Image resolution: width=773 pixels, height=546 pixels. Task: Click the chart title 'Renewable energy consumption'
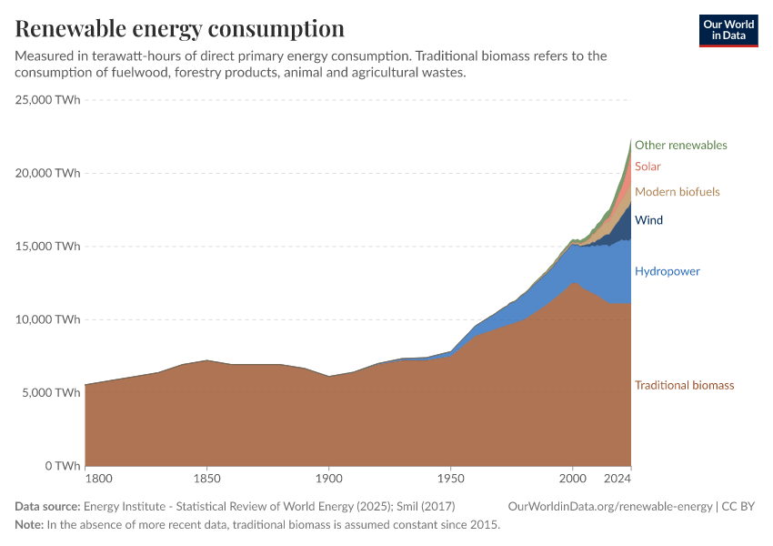[x=180, y=29]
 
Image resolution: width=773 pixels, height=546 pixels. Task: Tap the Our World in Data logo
[x=728, y=30]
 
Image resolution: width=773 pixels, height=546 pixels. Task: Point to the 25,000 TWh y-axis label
[x=48, y=100]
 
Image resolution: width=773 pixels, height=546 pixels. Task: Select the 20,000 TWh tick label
[x=48, y=173]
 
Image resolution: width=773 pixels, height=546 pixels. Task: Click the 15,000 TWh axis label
[x=48, y=247]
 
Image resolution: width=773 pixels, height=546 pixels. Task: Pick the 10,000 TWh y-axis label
[x=48, y=319]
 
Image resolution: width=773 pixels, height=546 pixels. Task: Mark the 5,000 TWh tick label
[x=52, y=393]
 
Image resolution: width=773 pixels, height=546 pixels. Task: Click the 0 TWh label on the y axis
[x=61, y=466]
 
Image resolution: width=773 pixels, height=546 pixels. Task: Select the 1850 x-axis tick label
[x=206, y=479]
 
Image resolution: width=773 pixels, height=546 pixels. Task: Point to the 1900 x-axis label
[x=328, y=479]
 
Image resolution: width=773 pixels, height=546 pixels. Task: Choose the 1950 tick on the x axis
[x=450, y=479]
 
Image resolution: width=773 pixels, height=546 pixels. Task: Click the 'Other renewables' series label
[x=680, y=146]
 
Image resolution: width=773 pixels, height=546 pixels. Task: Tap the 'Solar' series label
[x=648, y=167]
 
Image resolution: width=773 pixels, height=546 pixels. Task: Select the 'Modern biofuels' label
[x=677, y=192]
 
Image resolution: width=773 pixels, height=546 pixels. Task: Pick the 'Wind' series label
[x=648, y=220]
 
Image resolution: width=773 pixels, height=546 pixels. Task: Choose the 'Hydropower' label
[x=667, y=271]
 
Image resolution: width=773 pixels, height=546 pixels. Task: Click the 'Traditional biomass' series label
[x=684, y=385]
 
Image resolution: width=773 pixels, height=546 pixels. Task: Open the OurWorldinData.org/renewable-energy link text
[x=609, y=506]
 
